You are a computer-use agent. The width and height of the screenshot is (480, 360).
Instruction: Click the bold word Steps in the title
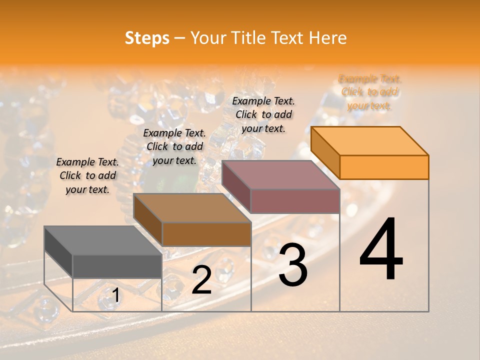click(147, 38)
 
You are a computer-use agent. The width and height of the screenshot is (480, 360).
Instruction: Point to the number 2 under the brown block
click(201, 280)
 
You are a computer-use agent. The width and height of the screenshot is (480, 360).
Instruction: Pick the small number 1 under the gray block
click(115, 296)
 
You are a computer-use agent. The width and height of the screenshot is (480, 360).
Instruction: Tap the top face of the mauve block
click(281, 175)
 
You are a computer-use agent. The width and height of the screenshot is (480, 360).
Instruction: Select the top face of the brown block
click(192, 208)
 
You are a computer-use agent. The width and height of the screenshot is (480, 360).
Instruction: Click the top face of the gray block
click(103, 240)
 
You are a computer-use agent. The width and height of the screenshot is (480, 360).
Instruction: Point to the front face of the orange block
click(384, 167)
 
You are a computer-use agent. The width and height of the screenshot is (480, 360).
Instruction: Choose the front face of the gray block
click(117, 266)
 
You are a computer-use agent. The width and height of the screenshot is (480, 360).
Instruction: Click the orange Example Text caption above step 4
click(369, 92)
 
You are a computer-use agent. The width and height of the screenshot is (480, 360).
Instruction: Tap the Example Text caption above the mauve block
click(263, 114)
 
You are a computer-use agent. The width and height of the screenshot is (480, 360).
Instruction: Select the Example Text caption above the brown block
click(174, 146)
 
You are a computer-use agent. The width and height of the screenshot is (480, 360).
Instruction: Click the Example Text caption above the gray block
click(87, 175)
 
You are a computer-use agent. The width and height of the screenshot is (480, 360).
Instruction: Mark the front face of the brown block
click(206, 234)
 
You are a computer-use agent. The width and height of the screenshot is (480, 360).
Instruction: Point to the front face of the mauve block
click(295, 201)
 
